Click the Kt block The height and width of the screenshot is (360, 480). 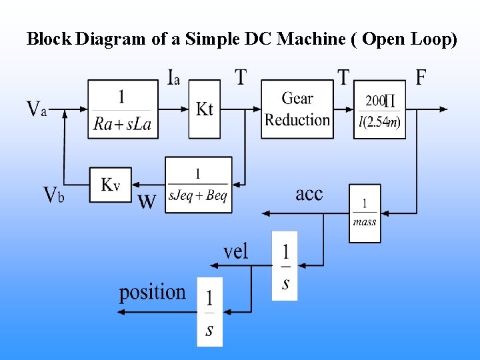click(204, 109)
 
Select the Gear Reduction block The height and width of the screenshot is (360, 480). click(297, 109)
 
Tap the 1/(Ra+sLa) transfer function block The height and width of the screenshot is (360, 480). click(123, 109)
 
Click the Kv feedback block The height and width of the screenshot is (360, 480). click(110, 184)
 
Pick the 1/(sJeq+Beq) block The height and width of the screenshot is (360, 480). click(198, 185)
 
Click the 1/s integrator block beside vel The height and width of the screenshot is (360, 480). click(285, 265)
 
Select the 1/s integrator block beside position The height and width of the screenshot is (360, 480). click(209, 311)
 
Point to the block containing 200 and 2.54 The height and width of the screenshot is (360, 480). click(379, 109)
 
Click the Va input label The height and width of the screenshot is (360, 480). click(37, 109)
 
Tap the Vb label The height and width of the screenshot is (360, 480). click(53, 195)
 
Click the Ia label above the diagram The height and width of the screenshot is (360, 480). click(173, 77)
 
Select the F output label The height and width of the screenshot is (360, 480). click(421, 77)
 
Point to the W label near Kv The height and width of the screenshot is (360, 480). click(147, 201)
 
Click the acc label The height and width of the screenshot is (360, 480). click(309, 194)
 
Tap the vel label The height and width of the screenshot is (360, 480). click(235, 251)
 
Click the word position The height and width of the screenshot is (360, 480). click(152, 292)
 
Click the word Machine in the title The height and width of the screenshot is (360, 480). click(310, 39)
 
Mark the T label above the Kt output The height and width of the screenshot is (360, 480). click(241, 77)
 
